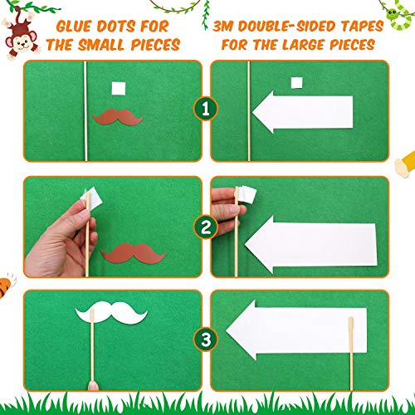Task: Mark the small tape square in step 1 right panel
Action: click(295, 81)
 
